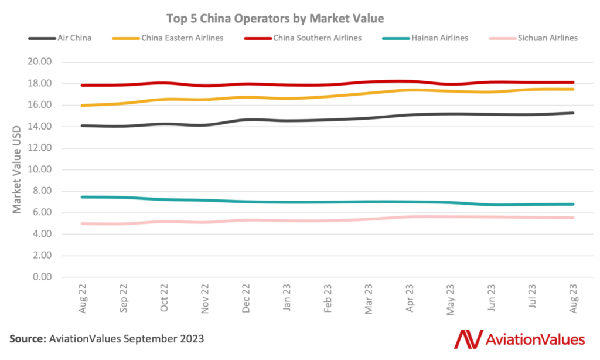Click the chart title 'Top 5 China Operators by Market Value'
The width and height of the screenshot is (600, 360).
click(275, 18)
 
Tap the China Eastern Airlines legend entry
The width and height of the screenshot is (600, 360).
click(182, 38)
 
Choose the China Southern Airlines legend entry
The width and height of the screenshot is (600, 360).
click(317, 38)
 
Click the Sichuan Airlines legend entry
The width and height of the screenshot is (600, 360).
click(547, 38)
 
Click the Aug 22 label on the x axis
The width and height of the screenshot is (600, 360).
click(83, 299)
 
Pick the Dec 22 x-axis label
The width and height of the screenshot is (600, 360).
click(247, 299)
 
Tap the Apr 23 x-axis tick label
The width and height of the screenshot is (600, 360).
click(410, 299)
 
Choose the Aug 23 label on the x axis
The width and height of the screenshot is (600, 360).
click(574, 299)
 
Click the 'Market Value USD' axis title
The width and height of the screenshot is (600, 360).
click(17, 169)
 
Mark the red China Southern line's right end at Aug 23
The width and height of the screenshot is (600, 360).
click(572, 83)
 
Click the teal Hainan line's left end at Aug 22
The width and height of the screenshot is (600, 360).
click(83, 197)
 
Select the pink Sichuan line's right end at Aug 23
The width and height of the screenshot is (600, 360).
click(572, 218)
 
